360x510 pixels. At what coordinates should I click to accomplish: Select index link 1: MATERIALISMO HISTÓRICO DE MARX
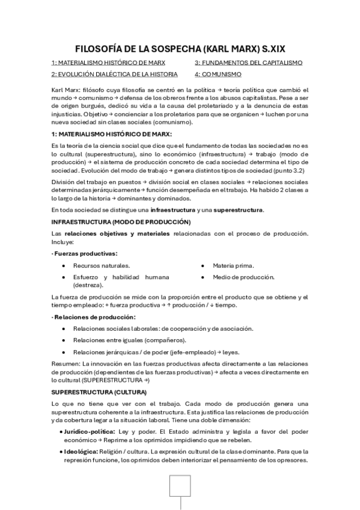pyautogui.click(x=108, y=63)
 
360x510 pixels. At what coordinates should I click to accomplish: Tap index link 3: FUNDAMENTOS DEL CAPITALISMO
pyautogui.click(x=248, y=63)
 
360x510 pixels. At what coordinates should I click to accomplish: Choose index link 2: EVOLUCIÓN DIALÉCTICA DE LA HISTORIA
pyautogui.click(x=114, y=75)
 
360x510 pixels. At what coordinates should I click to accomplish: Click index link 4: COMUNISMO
pyautogui.click(x=218, y=75)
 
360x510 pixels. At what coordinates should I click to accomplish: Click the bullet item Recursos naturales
pyautogui.click(x=101, y=266)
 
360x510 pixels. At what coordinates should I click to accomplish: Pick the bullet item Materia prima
pyautogui.click(x=233, y=266)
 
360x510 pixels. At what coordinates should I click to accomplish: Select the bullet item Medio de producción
pyautogui.click(x=243, y=277)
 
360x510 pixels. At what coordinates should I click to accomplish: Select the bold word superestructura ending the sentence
pyautogui.click(x=239, y=210)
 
